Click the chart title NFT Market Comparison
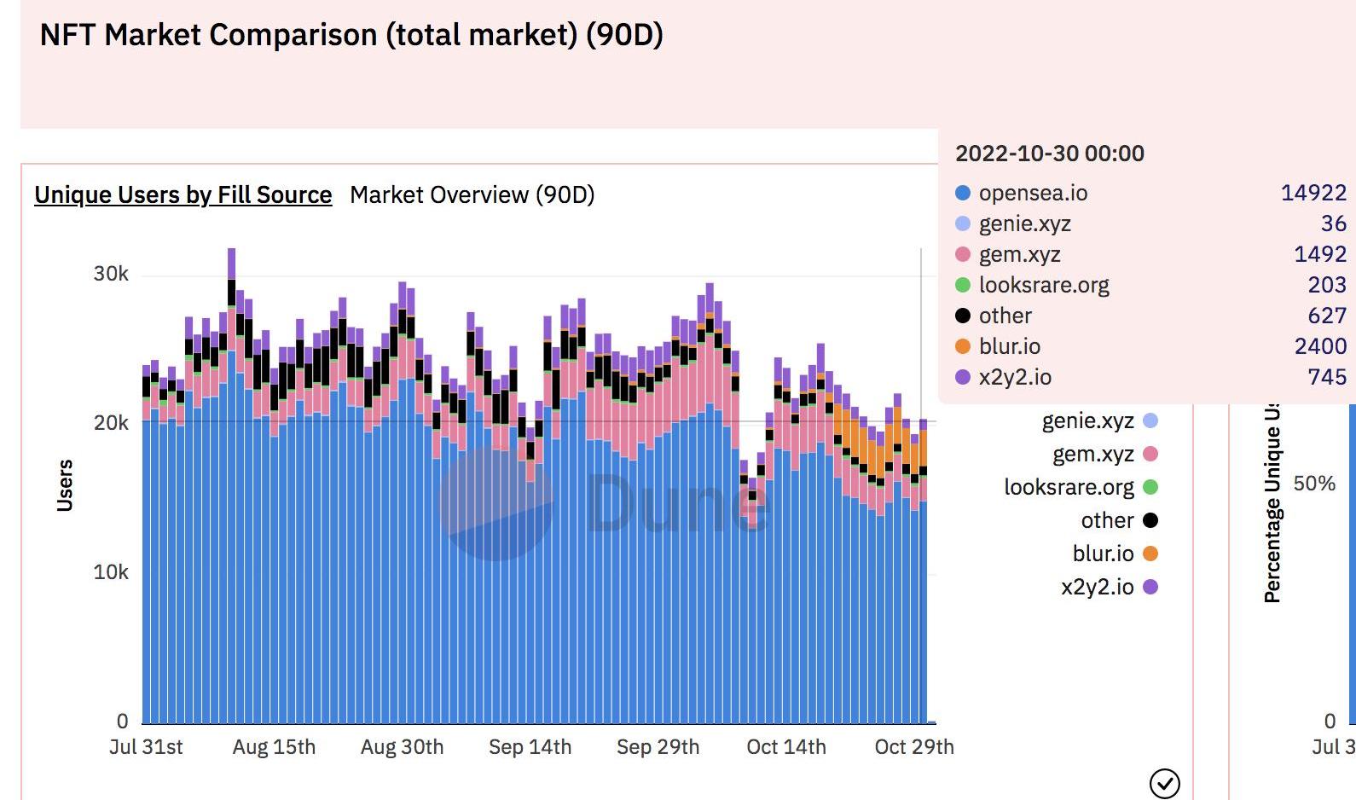351,35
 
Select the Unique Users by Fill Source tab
183,194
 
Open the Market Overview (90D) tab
472,194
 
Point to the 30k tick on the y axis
111,274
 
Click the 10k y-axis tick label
111,572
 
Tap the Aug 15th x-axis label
274,747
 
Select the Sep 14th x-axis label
530,747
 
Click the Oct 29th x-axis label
914,747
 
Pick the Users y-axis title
65,484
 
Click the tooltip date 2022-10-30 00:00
1049,154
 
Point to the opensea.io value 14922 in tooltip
1313,193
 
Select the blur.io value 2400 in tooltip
1320,346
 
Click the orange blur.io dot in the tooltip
963,346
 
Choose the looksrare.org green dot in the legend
1150,487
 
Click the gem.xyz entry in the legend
1092,454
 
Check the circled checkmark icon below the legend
1164,783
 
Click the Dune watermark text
678,503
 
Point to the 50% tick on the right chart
1314,484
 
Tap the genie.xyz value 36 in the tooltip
1333,223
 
